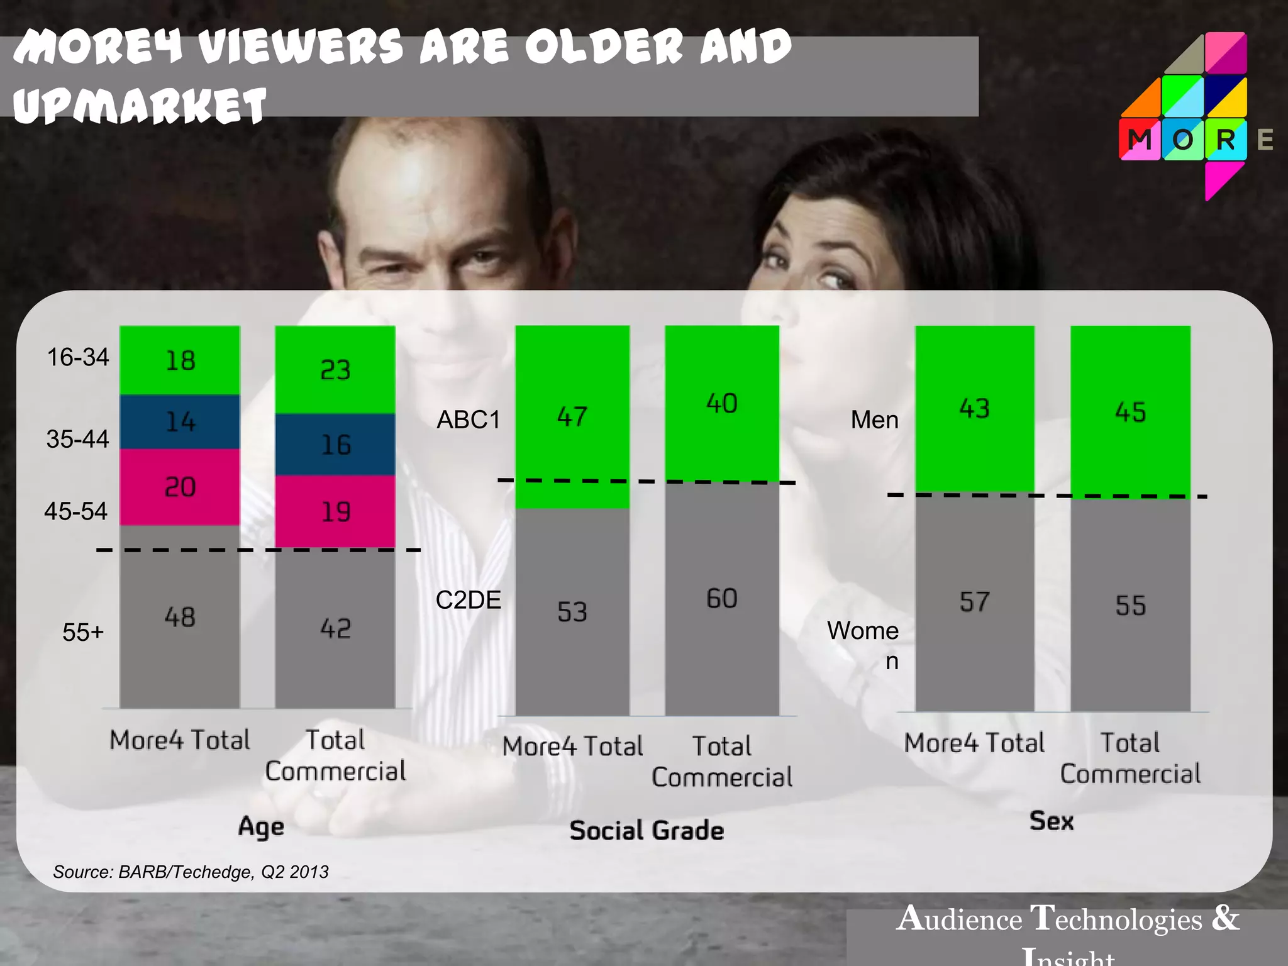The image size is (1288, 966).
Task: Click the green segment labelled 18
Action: click(180, 360)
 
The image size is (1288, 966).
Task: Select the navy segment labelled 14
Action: click(180, 421)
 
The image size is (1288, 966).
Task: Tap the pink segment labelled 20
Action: click(180, 487)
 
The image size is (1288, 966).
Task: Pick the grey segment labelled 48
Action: click(180, 616)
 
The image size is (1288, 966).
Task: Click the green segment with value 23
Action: click(335, 369)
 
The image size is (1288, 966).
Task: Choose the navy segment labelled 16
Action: click(335, 445)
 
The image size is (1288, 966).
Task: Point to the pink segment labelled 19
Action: click(335, 511)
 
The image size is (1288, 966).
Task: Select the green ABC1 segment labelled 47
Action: click(572, 416)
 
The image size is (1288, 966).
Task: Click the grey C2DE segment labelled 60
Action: click(722, 598)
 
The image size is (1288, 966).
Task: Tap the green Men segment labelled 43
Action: click(975, 409)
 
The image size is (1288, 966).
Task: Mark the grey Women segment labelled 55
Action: click(1131, 605)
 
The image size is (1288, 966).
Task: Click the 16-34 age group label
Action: click(78, 357)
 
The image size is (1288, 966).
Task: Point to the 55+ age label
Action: click(82, 632)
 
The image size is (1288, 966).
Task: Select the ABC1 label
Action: click(469, 419)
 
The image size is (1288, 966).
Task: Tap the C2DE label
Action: click(469, 600)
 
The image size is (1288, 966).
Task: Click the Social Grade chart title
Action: click(647, 831)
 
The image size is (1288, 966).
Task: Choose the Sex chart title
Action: click(1052, 821)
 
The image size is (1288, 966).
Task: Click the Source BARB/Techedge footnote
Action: click(191, 872)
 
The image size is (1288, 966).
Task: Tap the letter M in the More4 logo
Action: click(1140, 140)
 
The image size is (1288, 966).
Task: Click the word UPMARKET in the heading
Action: click(140, 105)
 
